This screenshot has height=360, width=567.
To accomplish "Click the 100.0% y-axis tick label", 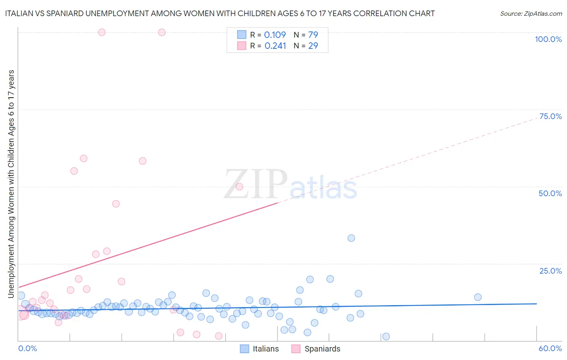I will tap(548, 39).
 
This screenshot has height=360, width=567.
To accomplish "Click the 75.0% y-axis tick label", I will tap(550, 116).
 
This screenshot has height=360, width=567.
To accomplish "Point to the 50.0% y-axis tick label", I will tap(550, 193).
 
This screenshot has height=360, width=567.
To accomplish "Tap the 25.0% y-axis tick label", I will tap(550, 270).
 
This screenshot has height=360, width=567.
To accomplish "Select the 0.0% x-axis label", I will tap(27, 348).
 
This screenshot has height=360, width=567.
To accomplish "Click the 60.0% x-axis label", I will tap(550, 348).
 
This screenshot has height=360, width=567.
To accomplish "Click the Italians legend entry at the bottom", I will tap(259, 349).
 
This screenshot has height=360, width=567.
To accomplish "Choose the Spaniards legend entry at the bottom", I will tap(316, 349).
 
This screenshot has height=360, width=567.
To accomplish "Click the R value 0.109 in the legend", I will tap(275, 35).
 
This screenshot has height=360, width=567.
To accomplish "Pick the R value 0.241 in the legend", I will tap(275, 46).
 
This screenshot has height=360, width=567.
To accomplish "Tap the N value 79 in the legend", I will tap(313, 35).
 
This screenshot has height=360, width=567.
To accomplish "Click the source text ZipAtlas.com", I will tap(531, 13).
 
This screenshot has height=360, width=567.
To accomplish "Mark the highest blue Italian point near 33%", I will tap(351, 238).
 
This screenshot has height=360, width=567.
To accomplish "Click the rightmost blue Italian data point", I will tap(478, 297).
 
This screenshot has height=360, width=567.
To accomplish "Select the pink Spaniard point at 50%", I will tap(240, 186).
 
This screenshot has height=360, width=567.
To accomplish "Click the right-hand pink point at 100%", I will tap(162, 32).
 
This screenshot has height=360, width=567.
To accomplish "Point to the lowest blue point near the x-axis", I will tap(386, 337).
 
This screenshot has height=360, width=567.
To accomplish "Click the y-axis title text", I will tap(11, 184).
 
